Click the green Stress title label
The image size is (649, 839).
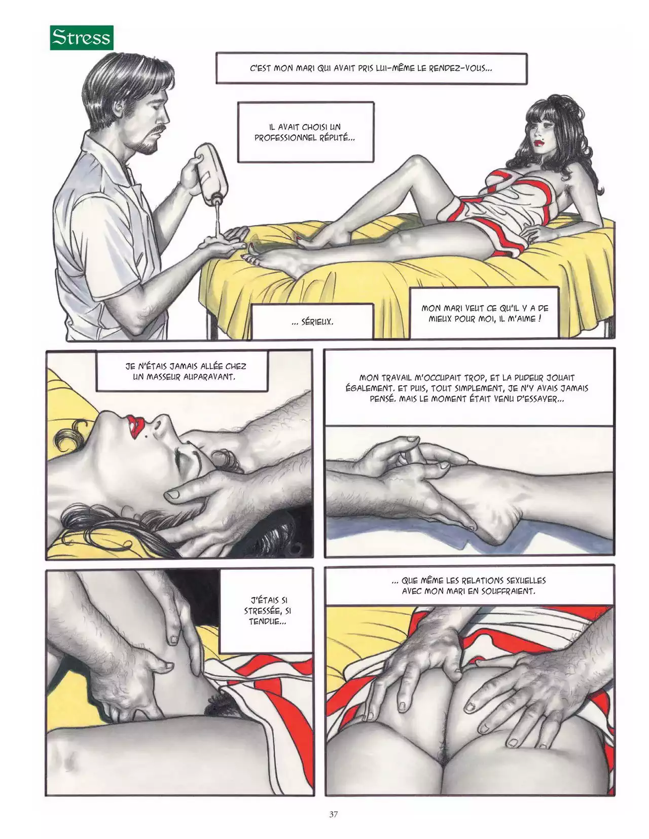pyautogui.click(x=82, y=38)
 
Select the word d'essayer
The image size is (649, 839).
pyautogui.click(x=542, y=399)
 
